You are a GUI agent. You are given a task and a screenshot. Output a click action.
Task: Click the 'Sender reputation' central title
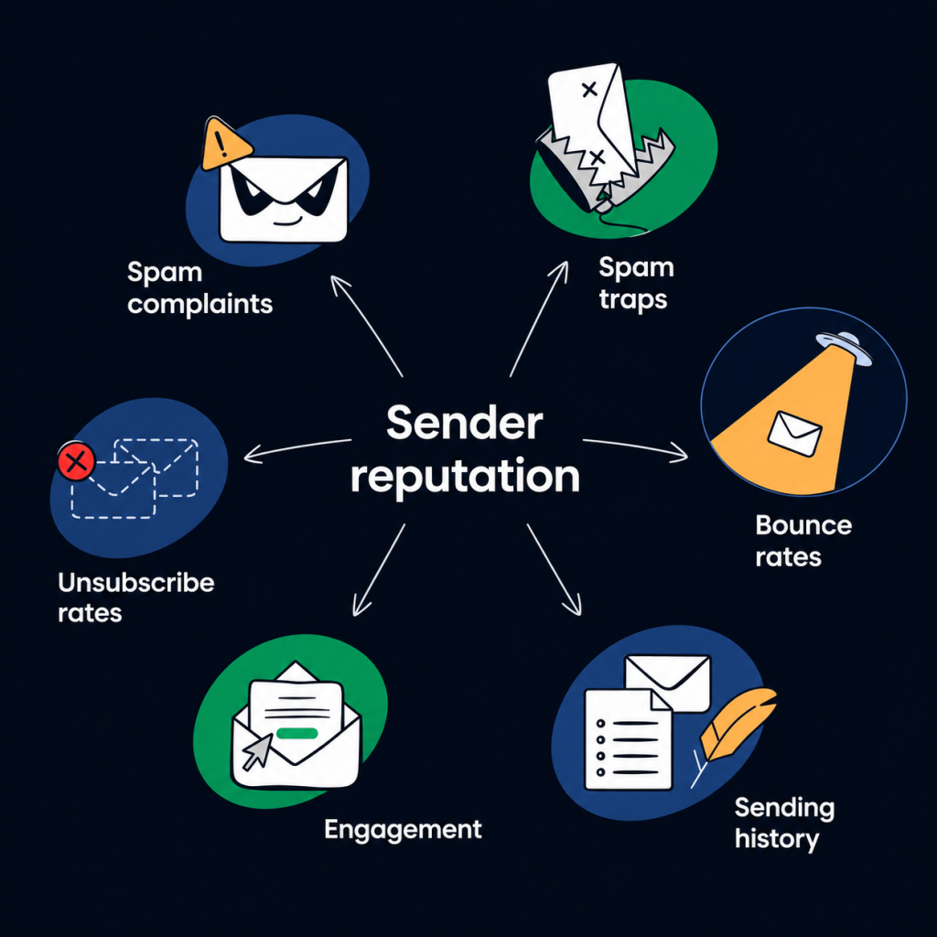pos(465,449)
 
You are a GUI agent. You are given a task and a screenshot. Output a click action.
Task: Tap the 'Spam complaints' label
pos(199,288)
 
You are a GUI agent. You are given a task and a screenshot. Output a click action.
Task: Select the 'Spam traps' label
pos(637,284)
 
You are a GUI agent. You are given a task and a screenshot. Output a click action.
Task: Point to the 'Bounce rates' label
pos(803,541)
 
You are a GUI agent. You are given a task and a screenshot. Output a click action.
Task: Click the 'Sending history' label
pos(784,824)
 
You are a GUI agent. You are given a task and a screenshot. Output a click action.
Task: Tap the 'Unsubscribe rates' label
pos(135,598)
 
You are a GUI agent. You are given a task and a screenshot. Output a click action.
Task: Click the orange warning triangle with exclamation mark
pos(224,144)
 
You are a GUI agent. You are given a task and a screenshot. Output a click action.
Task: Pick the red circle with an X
pos(76,461)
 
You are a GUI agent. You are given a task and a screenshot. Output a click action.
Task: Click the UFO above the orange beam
pos(845,347)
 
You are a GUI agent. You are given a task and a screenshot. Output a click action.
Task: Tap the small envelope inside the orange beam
pos(794,434)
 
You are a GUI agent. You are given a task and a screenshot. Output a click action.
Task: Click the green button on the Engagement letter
pos(297,733)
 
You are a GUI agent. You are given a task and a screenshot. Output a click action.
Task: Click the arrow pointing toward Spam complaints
pos(366,326)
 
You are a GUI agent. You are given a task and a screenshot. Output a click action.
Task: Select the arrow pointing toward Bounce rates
pos(635,448)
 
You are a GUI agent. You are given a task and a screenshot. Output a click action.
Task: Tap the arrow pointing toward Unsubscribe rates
pos(297,450)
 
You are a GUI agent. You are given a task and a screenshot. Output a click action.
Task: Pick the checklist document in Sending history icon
pos(628,739)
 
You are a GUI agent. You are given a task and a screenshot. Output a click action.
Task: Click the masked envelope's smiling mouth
pos(286,222)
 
